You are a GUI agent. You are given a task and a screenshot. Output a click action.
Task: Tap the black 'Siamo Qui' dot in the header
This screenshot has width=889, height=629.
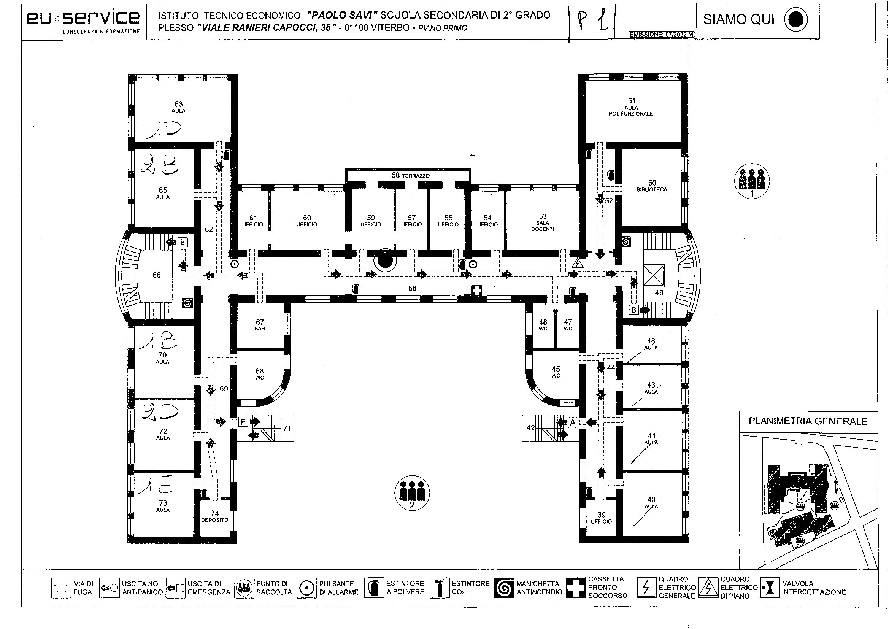point(796,20)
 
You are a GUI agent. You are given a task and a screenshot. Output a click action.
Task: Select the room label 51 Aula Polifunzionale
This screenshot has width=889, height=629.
point(631,107)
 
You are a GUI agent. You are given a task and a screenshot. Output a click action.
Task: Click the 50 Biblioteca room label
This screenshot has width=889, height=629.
point(652,186)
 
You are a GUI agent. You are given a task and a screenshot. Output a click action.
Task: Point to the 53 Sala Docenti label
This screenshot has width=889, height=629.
point(543,222)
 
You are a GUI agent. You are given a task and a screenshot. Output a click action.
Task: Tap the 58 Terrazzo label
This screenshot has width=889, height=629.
point(410,175)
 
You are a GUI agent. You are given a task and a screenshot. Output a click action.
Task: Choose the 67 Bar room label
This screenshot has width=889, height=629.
point(260,325)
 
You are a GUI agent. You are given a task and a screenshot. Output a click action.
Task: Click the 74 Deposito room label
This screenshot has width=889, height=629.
point(215,516)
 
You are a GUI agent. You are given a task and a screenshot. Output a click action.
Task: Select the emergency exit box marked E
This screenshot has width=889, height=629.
point(183,243)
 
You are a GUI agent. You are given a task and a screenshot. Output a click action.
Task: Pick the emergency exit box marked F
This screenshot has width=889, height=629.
point(243,421)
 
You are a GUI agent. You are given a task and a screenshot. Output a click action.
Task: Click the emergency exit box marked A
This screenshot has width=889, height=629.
point(573,422)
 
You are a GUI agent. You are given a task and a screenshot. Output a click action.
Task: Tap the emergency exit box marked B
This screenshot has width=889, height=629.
point(633,310)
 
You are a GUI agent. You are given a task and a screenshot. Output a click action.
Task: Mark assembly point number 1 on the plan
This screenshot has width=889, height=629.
point(752,181)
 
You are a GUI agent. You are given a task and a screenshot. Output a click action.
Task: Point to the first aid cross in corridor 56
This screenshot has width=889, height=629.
point(477,291)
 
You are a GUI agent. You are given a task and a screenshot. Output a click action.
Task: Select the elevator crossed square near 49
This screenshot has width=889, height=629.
point(654,276)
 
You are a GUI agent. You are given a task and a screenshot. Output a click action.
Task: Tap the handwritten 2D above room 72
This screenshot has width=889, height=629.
point(160,413)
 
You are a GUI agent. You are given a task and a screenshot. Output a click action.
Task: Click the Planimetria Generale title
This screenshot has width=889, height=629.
point(808,421)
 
